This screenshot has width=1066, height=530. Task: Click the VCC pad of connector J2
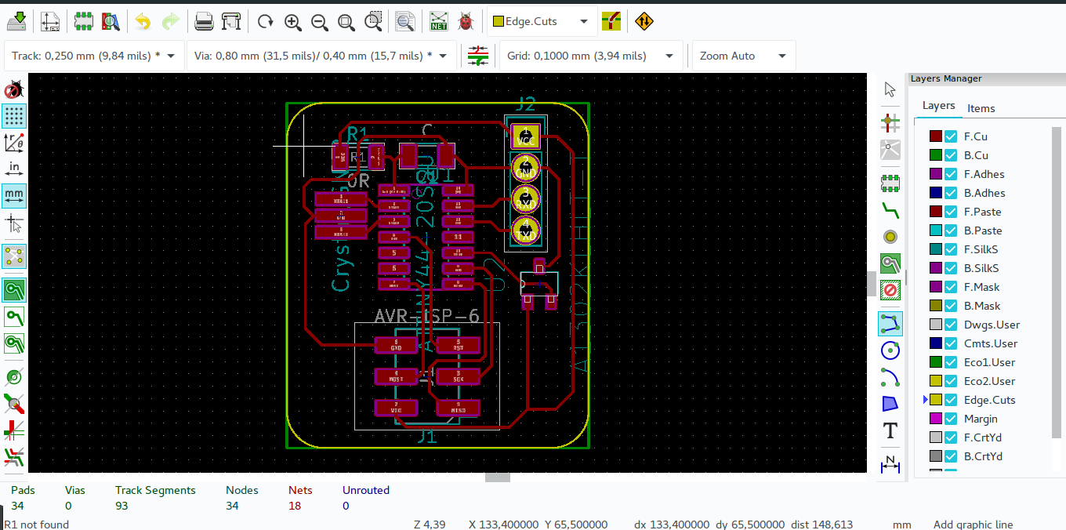click(525, 137)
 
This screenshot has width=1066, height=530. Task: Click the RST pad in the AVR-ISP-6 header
click(458, 345)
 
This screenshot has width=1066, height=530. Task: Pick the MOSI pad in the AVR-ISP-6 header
click(396, 376)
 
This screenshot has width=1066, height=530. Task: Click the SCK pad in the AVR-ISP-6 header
click(458, 376)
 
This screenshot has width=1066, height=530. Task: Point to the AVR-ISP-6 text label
click(426, 316)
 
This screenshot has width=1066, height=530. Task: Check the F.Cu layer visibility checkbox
click(951, 136)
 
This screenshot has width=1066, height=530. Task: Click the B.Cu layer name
click(976, 155)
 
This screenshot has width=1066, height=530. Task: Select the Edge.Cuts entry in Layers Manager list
click(989, 400)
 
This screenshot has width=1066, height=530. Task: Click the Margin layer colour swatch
click(935, 419)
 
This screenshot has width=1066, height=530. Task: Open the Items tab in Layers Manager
click(981, 108)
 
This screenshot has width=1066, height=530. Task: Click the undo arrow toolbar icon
click(143, 21)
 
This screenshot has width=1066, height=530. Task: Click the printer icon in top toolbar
click(204, 21)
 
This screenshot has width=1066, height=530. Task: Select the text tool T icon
click(890, 430)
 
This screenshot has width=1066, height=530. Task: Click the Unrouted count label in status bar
click(365, 490)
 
